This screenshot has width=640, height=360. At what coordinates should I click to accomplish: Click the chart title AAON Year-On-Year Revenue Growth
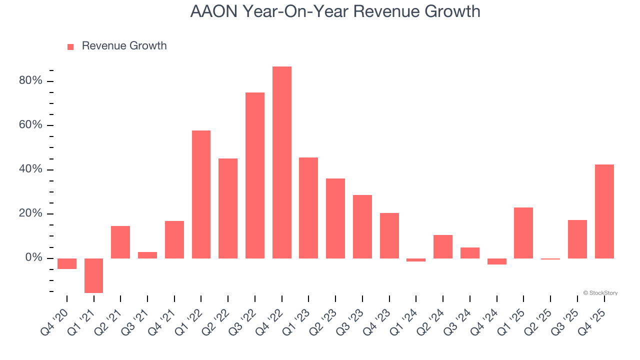click(x=335, y=11)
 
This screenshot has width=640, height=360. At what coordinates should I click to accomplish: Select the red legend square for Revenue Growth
click(x=70, y=46)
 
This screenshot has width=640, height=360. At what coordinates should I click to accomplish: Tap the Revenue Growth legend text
click(x=124, y=46)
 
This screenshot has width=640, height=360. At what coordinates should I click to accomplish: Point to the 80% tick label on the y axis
click(x=30, y=81)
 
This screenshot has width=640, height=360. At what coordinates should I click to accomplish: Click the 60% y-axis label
click(x=30, y=125)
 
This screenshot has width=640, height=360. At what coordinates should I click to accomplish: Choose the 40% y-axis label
click(x=30, y=169)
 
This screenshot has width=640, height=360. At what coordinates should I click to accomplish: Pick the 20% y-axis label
click(x=30, y=213)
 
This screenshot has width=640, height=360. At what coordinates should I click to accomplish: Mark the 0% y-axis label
click(x=33, y=258)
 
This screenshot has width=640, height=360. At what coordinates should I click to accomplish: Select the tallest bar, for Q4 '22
click(x=281, y=162)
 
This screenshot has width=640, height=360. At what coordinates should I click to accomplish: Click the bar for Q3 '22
click(x=254, y=175)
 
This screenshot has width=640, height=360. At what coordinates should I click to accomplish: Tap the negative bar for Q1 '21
click(x=93, y=275)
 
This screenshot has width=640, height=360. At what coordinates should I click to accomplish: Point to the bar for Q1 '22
click(x=201, y=194)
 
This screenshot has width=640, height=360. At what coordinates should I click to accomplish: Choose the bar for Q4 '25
click(x=604, y=211)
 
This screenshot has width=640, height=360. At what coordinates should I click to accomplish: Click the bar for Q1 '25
click(x=523, y=233)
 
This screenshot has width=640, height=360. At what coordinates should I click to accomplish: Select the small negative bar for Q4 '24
click(x=496, y=261)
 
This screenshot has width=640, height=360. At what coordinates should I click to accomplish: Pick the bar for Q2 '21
click(x=120, y=242)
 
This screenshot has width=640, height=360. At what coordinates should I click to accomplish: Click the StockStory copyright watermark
click(x=600, y=293)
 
